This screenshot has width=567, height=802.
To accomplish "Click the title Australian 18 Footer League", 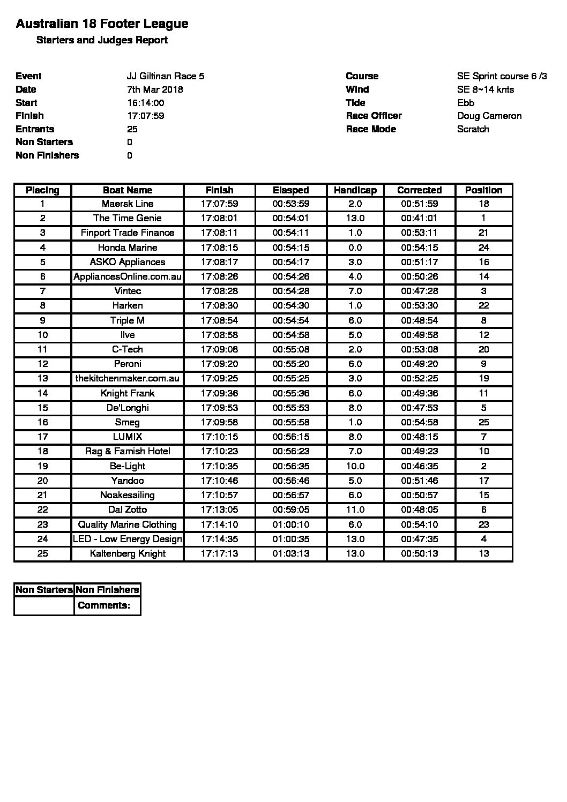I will (102, 24).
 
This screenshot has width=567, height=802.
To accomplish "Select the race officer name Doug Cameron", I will (489, 116).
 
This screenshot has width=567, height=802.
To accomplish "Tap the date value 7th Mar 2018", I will (155, 89).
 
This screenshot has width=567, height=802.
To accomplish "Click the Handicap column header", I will (355, 190).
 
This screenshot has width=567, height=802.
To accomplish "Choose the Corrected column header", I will (419, 190).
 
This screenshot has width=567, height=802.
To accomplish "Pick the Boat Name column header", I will (128, 190).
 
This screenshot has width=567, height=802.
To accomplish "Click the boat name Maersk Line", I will (128, 204).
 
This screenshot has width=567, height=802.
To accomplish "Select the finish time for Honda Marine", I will (219, 248).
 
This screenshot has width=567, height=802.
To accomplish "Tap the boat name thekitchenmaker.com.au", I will (128, 378).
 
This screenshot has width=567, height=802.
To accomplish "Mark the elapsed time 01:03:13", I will (290, 553).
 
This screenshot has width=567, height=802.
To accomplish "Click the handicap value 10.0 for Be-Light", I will (355, 466).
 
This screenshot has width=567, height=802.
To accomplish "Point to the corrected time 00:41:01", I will (419, 218).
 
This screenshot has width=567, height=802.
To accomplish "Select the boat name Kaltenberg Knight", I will (128, 553).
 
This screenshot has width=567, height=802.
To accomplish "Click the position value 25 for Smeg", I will (483, 422).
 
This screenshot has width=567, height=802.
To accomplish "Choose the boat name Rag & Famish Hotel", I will (128, 451).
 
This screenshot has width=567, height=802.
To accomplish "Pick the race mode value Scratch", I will (473, 129).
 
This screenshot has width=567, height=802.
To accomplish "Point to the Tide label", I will (355, 103).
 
